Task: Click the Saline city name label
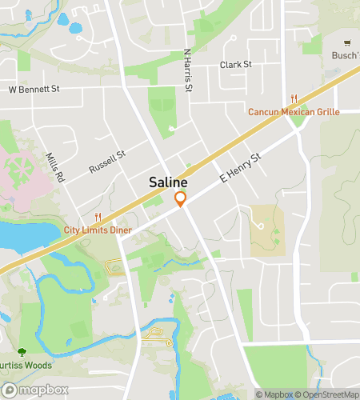pos(168,183)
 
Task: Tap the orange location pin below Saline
pos(181,199)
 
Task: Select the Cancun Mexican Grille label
pos(294,111)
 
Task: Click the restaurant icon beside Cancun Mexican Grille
pos(294,98)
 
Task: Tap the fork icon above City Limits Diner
pos(98,217)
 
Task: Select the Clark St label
pos(236,64)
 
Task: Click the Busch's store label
pos(346,56)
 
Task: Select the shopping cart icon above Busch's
pos(346,43)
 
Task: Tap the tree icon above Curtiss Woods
pos(22,352)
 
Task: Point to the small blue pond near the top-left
pos(76,28)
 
